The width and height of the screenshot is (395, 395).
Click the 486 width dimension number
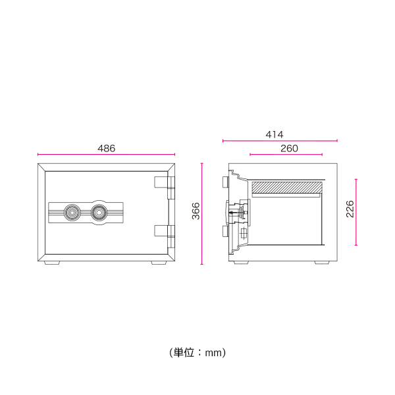coord(106,148)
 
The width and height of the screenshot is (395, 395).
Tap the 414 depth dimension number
coord(275,134)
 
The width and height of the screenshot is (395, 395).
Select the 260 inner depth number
coord(289,149)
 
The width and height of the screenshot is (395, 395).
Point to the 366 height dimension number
coord(196,211)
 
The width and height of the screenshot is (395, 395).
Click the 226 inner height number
coord(350,209)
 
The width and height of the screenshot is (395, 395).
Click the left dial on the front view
coord(72,213)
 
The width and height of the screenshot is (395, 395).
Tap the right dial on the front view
coord(99,213)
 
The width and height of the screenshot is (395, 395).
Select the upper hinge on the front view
coord(164,182)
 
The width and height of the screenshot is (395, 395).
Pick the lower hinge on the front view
coord(164,231)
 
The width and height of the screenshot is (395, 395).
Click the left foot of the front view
coord(52,263)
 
